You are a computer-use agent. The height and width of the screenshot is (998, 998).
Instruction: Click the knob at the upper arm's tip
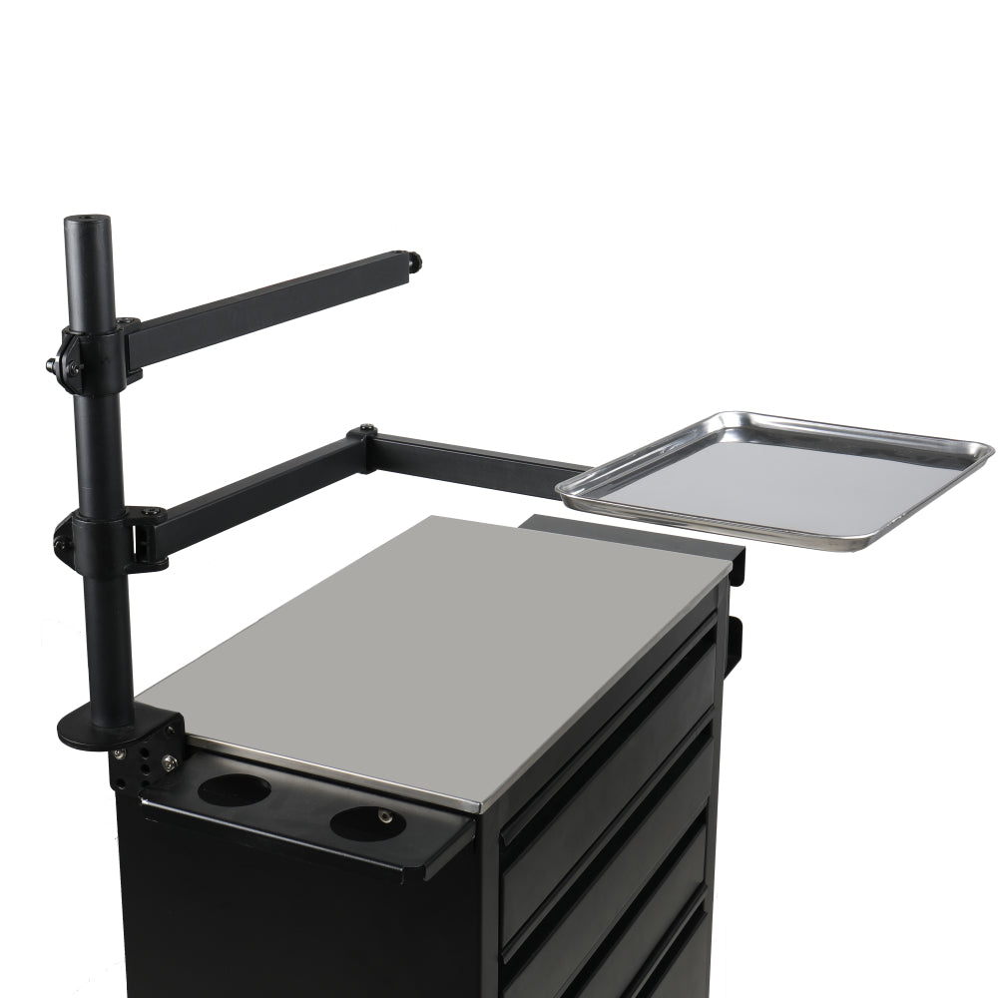(x=413, y=262)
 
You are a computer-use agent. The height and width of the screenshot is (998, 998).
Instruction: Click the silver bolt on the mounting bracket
(x=169, y=763)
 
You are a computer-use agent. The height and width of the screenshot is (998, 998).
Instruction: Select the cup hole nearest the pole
(x=234, y=789)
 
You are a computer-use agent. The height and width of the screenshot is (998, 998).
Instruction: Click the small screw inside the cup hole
(x=385, y=816)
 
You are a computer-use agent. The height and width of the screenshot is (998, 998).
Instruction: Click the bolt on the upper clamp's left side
(x=50, y=366)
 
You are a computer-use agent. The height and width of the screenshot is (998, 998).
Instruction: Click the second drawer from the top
(x=609, y=848)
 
